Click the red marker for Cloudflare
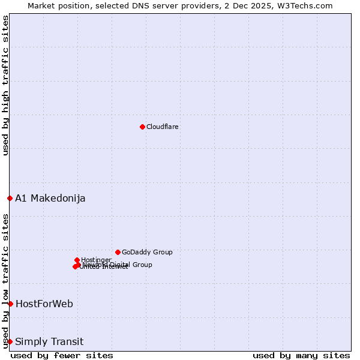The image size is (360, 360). point(142,127)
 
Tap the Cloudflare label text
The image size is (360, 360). point(162,127)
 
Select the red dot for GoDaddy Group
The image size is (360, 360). point(118,252)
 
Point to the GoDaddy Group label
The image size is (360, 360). point(147,252)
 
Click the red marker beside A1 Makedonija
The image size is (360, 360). point(10,198)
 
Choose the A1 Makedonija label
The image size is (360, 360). point(50,198)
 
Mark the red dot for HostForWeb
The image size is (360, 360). point(10,304)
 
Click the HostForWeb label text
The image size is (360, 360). point(44,304)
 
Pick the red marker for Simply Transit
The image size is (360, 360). point(10,341)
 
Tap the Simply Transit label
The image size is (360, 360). point(49,341)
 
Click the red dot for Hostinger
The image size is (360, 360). point(77,260)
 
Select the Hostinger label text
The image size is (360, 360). point(96,260)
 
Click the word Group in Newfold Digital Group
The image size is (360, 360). point(142,265)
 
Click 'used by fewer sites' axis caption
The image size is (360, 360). point(62,355)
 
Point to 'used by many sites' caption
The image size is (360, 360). point(301,355)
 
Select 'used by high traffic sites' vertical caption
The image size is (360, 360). point(5,85)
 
